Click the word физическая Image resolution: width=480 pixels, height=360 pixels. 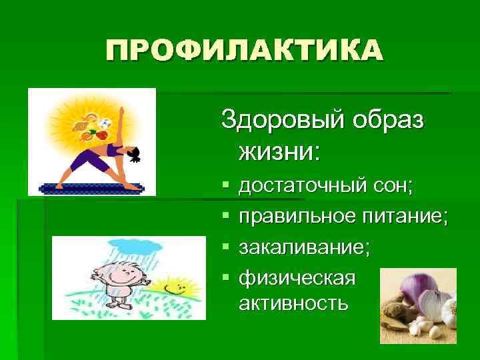[297, 276]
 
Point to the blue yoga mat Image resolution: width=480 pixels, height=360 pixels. [93, 187]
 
